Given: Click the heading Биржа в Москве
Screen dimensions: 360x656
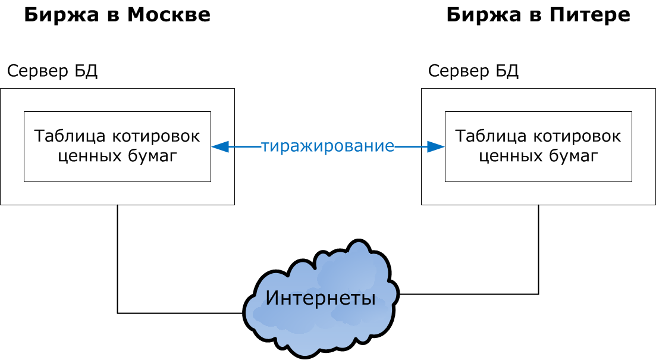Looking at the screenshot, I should click(x=117, y=15).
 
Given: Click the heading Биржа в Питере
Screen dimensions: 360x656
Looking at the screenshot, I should click(x=538, y=15).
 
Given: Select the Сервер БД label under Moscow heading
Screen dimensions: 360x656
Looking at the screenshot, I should click(x=52, y=71).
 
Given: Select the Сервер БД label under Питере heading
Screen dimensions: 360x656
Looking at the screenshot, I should click(x=473, y=71).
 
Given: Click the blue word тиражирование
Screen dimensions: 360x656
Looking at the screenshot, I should click(x=328, y=146).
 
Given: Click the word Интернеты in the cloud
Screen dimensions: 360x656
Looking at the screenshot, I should click(x=320, y=298).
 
